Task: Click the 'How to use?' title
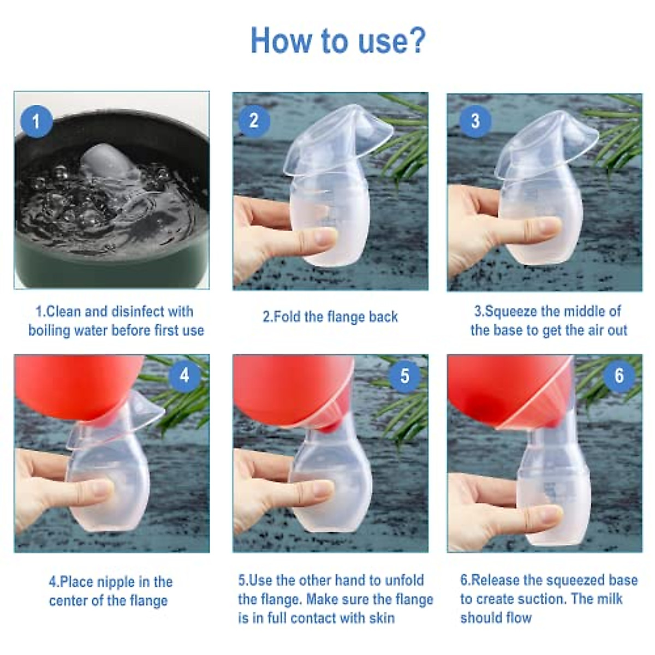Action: click(x=337, y=40)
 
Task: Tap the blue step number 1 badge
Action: click(x=36, y=121)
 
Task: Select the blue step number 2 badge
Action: click(x=254, y=120)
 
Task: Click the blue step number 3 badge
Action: click(x=474, y=121)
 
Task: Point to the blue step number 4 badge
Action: click(x=184, y=376)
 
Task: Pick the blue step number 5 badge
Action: click(x=404, y=376)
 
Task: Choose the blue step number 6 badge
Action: click(x=619, y=376)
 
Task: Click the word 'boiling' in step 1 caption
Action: click(x=52, y=331)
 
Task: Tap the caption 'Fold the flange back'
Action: click(x=330, y=317)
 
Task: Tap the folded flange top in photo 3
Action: click(x=546, y=142)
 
